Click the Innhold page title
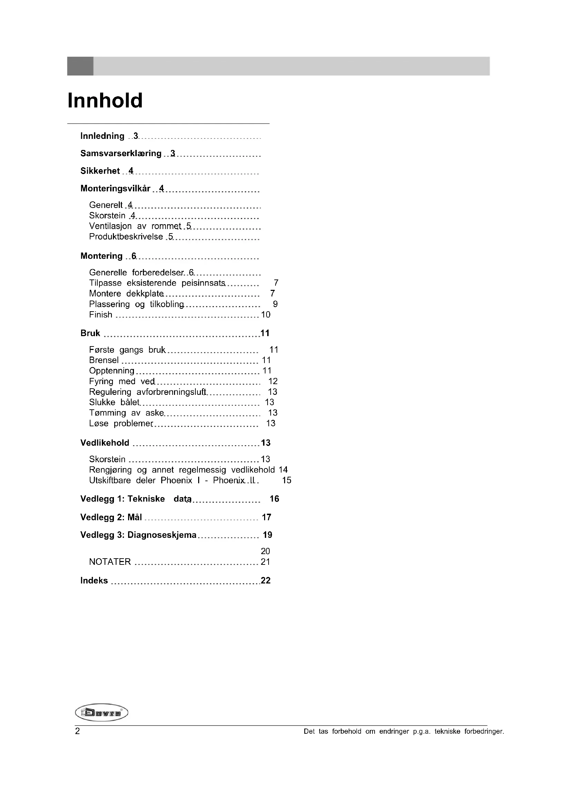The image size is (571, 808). tap(105, 101)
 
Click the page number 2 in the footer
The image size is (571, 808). tap(77, 731)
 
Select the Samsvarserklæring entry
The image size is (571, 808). tap(120, 153)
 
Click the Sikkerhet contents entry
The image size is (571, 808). tap(100, 171)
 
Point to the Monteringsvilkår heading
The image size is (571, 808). tap(115, 189)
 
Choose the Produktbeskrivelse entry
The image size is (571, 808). tap(126, 237)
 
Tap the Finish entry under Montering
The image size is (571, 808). tap(100, 315)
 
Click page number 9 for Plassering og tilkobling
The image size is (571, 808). tap(275, 304)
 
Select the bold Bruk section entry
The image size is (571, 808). tap(90, 333)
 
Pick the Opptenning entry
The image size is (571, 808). tap(112, 371)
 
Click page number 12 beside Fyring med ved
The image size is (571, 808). tap(273, 381)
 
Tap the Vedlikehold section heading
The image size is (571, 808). tap(105, 443)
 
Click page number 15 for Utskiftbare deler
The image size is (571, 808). tap(287, 481)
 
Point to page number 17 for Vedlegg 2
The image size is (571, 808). tap(267, 517)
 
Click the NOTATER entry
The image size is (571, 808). tap(110, 562)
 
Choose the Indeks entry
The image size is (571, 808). tap(94, 580)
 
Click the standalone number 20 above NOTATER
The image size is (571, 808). tap(265, 551)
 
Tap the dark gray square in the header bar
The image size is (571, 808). tap(80, 66)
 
